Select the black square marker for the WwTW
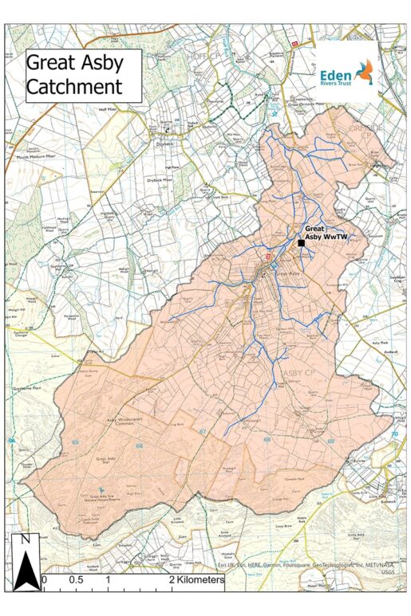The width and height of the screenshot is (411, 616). tap(302, 243)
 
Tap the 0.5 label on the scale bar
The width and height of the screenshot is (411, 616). tap(75, 580)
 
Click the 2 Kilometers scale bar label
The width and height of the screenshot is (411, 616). tap(196, 580)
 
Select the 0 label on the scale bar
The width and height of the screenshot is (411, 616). tap(45, 580)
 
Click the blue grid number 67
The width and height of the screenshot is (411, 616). tap(203, 431)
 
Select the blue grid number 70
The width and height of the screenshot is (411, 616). tap(393, 434)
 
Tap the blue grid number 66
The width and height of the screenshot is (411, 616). tap(139, 446)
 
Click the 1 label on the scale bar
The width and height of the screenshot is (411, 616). tap(108, 580)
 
